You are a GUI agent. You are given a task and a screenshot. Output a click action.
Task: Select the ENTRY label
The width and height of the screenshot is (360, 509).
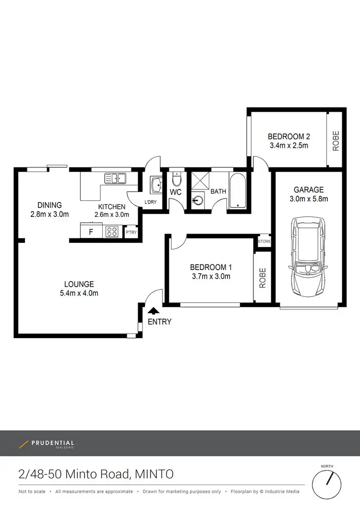click(159, 322)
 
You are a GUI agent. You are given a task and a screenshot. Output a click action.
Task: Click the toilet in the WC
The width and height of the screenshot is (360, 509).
click(176, 179)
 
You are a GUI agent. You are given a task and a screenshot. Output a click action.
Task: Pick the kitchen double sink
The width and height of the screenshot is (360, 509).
click(115, 178)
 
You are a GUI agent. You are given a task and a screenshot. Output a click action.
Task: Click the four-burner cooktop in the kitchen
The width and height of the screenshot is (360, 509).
click(112, 232)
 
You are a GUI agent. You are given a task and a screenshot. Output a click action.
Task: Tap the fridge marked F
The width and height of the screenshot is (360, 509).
click(91, 232)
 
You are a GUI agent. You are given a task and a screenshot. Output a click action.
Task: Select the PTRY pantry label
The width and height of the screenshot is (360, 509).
click(131, 233)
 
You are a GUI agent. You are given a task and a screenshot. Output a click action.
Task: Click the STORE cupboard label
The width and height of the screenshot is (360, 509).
click(264, 242)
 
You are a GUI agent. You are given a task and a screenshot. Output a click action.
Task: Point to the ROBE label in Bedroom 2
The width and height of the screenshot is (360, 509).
click(336, 141)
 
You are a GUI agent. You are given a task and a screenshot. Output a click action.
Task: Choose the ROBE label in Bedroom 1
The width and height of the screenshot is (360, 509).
click(263, 278)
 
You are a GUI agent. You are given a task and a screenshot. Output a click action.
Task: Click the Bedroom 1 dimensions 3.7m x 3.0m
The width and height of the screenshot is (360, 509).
click(210, 276)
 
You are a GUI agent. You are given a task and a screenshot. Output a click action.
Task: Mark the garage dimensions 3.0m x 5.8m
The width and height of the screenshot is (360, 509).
click(309, 199)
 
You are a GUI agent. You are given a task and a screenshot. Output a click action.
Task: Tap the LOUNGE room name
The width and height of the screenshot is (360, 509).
click(79, 284)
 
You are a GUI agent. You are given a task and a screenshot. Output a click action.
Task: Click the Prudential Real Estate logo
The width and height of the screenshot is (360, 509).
click(47, 444)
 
